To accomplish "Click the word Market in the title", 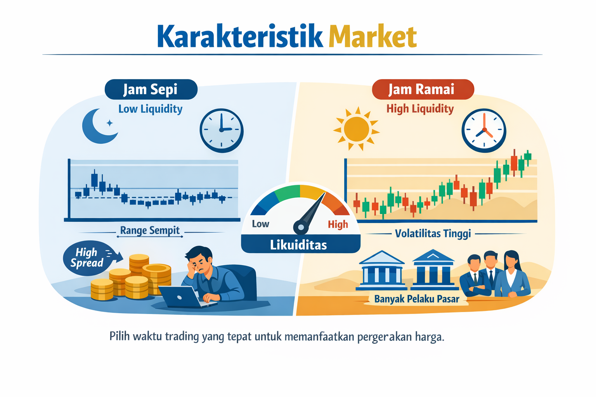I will (372, 37).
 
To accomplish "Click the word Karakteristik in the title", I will (240, 37).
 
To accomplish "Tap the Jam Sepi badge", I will (151, 90).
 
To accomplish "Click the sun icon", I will (356, 129).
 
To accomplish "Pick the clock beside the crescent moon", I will (222, 130).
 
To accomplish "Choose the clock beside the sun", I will (484, 130).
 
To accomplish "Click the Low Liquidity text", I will (151, 109).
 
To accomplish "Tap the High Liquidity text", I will (420, 109).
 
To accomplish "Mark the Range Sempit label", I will (150, 231).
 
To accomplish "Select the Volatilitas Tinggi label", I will (433, 234).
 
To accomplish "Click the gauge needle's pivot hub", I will (300, 226).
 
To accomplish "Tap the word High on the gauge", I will (338, 224).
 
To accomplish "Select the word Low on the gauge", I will (260, 224).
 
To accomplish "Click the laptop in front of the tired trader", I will (182, 297).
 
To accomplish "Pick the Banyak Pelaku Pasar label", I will (416, 299).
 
